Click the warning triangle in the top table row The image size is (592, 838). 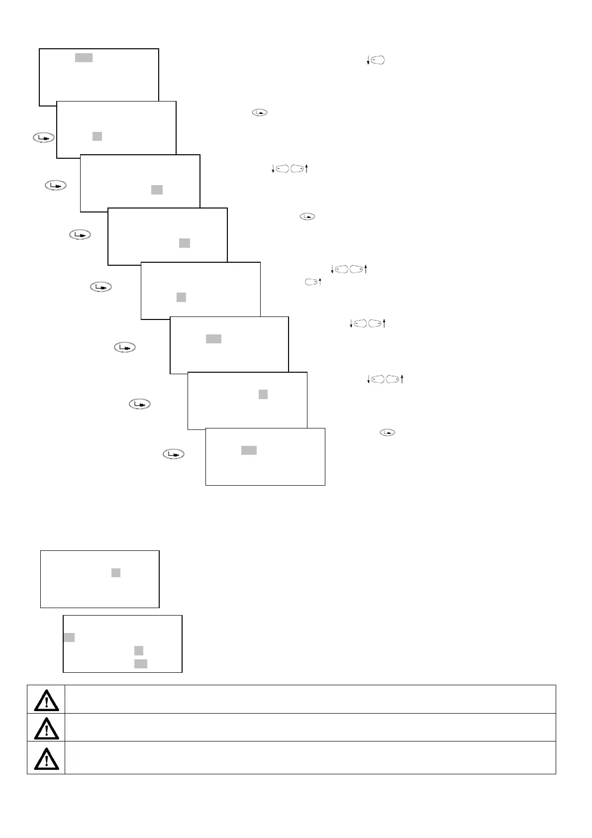(x=46, y=700)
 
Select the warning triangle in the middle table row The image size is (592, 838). (x=46, y=728)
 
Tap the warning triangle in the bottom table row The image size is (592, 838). (x=46, y=758)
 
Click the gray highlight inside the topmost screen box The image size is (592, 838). (x=84, y=58)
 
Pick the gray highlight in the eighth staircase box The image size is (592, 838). (x=249, y=450)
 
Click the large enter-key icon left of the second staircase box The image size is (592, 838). (x=44, y=138)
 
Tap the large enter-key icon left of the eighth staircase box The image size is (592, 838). (x=174, y=454)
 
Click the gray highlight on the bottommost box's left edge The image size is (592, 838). (x=69, y=637)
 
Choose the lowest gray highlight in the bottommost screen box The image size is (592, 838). (x=141, y=663)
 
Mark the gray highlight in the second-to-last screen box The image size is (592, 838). (x=116, y=573)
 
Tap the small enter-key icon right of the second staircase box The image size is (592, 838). (x=260, y=113)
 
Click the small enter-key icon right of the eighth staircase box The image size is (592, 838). (x=387, y=432)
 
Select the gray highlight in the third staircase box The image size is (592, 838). (x=157, y=190)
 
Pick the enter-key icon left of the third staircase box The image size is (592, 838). (x=56, y=186)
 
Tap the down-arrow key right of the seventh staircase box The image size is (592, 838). (x=378, y=380)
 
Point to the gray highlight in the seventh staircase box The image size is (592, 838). (x=263, y=395)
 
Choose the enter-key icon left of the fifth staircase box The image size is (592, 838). (x=101, y=287)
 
